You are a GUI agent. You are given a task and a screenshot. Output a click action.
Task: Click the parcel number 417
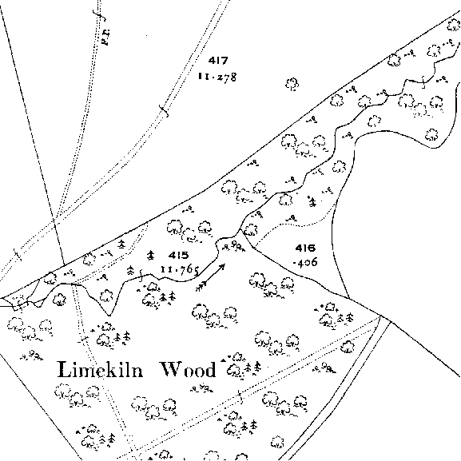[x=218, y=61]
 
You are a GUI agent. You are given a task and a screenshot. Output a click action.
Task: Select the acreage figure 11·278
[x=217, y=77]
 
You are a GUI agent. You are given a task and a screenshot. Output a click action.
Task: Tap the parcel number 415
[x=179, y=255]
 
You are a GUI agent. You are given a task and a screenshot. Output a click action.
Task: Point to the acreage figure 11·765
[x=180, y=270]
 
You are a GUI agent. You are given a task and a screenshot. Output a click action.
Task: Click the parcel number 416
[x=305, y=248]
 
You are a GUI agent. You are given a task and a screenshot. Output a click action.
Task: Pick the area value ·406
[x=305, y=262]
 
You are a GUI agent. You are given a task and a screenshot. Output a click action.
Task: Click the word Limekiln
[x=100, y=370]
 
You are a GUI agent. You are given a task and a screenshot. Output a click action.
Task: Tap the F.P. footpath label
[x=105, y=37]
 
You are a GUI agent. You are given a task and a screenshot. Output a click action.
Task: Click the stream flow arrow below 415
[x=210, y=278]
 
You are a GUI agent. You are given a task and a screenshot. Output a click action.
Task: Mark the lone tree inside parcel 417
[x=292, y=85]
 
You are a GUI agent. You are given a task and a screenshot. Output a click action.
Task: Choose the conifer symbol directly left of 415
[x=151, y=255]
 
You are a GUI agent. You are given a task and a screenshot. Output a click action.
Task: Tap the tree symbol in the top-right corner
[x=453, y=25]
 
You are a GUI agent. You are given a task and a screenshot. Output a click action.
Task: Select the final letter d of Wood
[x=210, y=370]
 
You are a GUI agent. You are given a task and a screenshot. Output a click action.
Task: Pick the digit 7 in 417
[x=224, y=61]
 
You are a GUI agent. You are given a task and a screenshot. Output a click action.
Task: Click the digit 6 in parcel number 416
[x=312, y=248]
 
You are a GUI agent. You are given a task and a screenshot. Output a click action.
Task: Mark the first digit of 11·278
[x=200, y=76]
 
